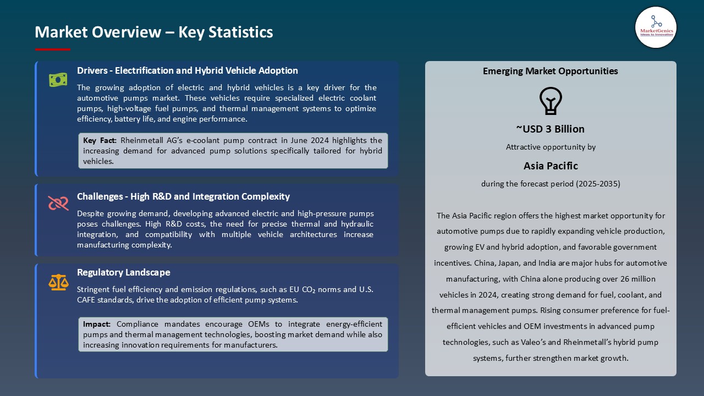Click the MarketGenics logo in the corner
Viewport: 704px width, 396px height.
click(x=656, y=27)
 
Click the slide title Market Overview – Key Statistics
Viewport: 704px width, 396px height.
click(x=154, y=32)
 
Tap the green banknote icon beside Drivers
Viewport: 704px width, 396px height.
click(x=58, y=80)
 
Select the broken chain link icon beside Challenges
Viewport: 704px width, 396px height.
click(x=58, y=204)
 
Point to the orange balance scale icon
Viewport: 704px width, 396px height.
click(x=58, y=282)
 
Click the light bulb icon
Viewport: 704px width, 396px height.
click(x=550, y=101)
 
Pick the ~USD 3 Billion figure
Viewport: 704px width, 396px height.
click(x=550, y=129)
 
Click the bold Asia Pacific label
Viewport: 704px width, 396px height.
click(x=551, y=166)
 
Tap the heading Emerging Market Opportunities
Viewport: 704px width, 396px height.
click(x=550, y=71)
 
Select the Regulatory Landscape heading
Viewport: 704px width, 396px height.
click(x=124, y=272)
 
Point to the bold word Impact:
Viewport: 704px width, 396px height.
click(x=97, y=324)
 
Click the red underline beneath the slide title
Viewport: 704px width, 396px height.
click(x=53, y=50)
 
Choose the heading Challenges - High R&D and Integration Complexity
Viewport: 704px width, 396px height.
click(x=183, y=196)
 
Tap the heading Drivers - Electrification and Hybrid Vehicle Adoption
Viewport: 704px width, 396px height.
click(x=188, y=70)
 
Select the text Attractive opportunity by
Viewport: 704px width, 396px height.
click(x=551, y=147)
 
